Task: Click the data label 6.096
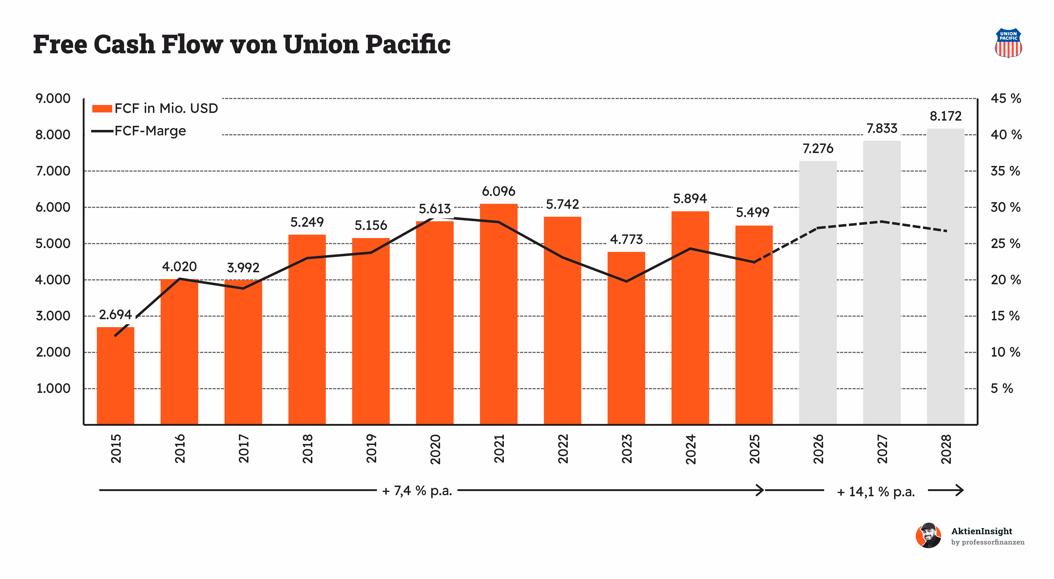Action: pos(498,191)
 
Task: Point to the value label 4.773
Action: pos(627,239)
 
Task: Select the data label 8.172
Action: pos(946,116)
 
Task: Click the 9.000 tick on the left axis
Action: pos(53,99)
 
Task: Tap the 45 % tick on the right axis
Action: pos(1006,99)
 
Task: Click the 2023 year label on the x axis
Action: pos(627,449)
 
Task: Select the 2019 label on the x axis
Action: pos(371,449)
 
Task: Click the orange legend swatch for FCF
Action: pos(102,108)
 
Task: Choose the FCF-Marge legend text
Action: pos(150,131)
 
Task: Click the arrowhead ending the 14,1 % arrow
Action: pos(959,490)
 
